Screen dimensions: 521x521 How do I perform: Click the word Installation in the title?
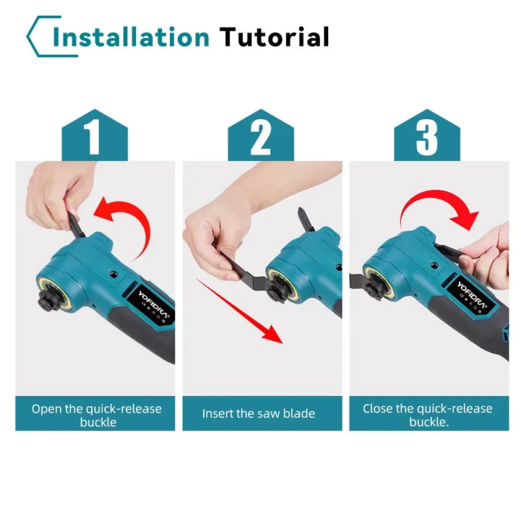coord(131,36)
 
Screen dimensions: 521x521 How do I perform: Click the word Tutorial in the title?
coord(274,36)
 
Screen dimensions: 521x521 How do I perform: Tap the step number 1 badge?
coord(94,135)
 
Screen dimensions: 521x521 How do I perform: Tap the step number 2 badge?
coord(261,135)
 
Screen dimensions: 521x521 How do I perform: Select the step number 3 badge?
coord(427,135)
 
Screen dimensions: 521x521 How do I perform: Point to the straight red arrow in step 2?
coord(239,311)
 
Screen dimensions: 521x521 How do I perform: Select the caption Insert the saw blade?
coord(259,414)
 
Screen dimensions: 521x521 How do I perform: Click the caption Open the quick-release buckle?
coord(96,415)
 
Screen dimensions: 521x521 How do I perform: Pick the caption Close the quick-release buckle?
coord(428,415)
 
